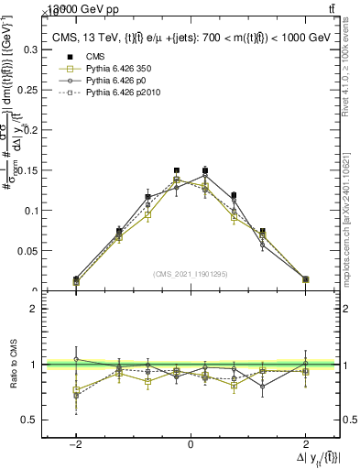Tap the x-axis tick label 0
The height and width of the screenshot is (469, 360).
tap(191, 444)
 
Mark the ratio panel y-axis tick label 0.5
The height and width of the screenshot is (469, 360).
tap(29, 420)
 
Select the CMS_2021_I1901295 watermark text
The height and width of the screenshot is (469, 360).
tap(191, 274)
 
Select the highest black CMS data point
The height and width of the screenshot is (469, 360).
tap(205, 170)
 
